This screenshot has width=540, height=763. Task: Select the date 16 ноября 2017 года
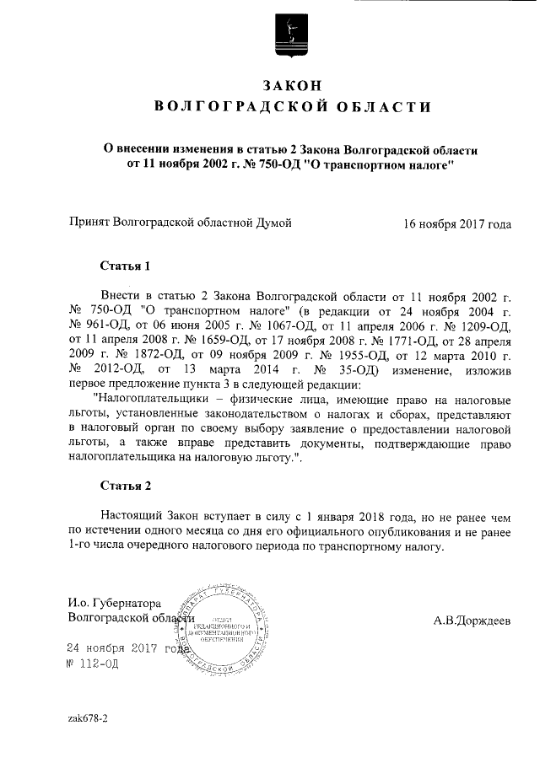tap(457, 224)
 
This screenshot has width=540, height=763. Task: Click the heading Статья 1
tap(125, 266)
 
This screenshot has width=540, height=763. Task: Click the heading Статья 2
tap(125, 486)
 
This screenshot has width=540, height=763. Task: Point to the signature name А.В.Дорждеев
tap(472, 621)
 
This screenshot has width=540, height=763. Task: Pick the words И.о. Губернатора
tap(114, 602)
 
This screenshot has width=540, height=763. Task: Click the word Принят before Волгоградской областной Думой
tap(89, 224)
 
